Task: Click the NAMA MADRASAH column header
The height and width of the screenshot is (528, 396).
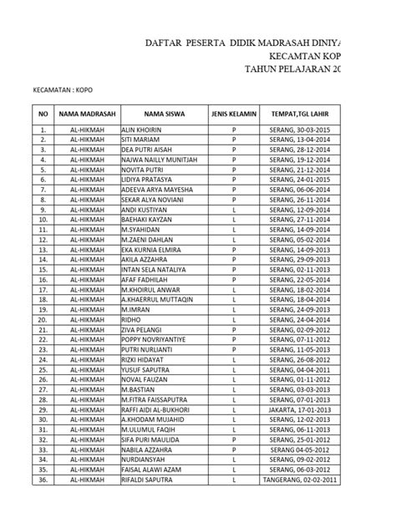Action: [x=87, y=113]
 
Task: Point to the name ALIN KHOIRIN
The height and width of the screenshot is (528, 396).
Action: [x=140, y=131]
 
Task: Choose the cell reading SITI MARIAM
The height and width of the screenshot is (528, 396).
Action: [x=140, y=141]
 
